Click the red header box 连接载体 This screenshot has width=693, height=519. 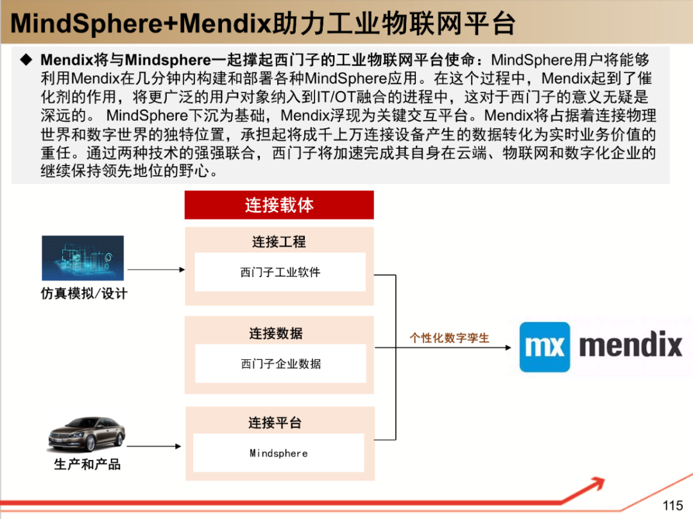[x=279, y=205]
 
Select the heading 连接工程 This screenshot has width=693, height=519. [x=279, y=242]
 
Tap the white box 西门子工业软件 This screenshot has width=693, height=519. [x=280, y=272]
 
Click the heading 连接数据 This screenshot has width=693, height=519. [x=276, y=334]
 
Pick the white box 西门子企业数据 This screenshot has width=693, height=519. [x=280, y=364]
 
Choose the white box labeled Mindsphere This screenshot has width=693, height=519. [x=278, y=453]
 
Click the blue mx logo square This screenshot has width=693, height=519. [x=545, y=347]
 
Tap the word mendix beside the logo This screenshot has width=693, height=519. [x=630, y=346]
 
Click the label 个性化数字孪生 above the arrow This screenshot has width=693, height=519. [x=449, y=337]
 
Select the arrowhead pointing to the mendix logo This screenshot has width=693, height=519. [x=508, y=348]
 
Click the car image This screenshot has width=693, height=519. [x=87, y=434]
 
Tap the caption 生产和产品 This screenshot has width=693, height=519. [x=87, y=464]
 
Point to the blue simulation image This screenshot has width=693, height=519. [x=83, y=258]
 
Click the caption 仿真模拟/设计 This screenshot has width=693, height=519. [x=84, y=294]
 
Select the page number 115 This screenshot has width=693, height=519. [x=672, y=505]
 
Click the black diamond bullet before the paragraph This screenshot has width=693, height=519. [x=26, y=60]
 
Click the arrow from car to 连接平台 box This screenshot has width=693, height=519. [x=154, y=447]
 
